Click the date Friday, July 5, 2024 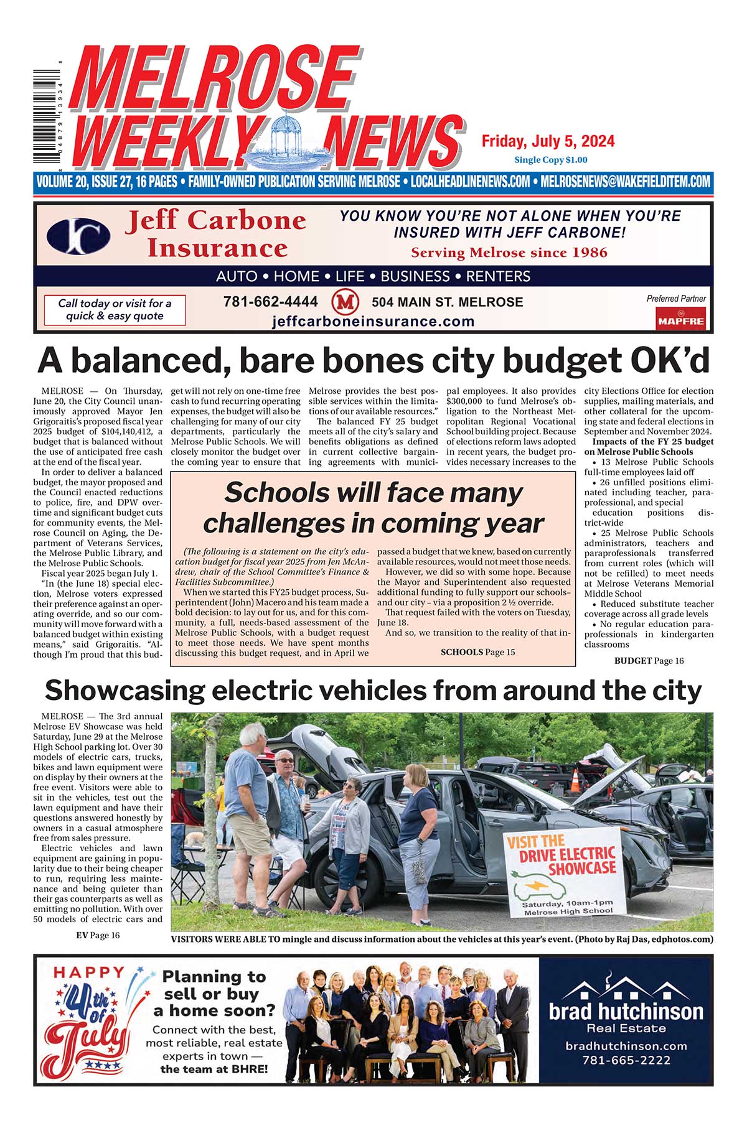(x=548, y=141)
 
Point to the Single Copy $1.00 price (x=550, y=160)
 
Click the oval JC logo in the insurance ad (x=78, y=236)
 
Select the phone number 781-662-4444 (x=270, y=302)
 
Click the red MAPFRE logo (x=680, y=319)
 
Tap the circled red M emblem (x=345, y=303)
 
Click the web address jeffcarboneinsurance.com (x=373, y=322)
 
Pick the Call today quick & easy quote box (x=115, y=310)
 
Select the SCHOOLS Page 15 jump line (x=477, y=652)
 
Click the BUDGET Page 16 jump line (x=649, y=661)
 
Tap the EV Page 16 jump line (x=98, y=935)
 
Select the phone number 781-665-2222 (x=626, y=1060)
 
